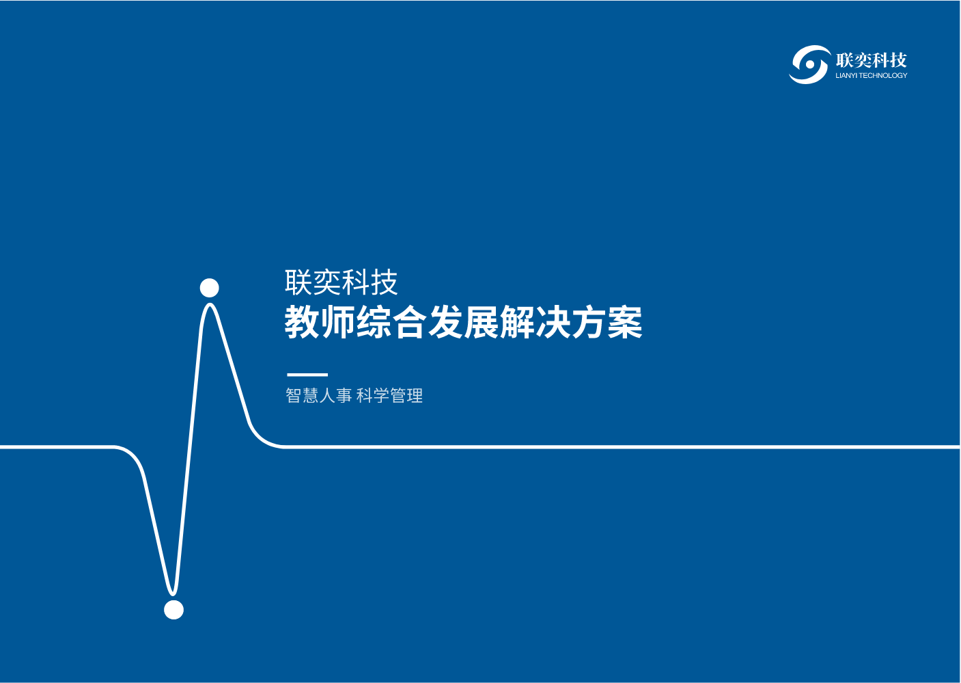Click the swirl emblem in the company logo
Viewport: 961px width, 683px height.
pyautogui.click(x=809, y=64)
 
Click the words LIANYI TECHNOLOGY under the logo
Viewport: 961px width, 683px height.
pyautogui.click(x=872, y=76)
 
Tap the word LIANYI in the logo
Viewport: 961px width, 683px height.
pyautogui.click(x=845, y=76)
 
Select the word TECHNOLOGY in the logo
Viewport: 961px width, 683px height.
pyautogui.click(x=882, y=76)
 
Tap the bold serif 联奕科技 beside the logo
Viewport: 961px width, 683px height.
pyautogui.click(x=871, y=60)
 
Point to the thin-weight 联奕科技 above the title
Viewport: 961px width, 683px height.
pyautogui.click(x=342, y=282)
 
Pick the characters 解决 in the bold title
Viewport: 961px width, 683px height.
pyautogui.click(x=535, y=322)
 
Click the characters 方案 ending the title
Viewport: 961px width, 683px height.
pyautogui.click(x=607, y=322)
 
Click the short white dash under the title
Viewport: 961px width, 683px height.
pyautogui.click(x=307, y=375)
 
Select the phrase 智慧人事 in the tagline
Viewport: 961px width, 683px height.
pyautogui.click(x=319, y=396)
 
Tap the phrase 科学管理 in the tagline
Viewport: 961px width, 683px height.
pyautogui.click(x=389, y=396)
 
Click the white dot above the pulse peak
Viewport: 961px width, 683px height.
pyautogui.click(x=210, y=288)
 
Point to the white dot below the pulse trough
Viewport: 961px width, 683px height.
pyautogui.click(x=173, y=610)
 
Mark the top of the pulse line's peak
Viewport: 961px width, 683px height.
pyautogui.click(x=210, y=304)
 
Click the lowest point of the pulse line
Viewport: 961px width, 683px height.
pyautogui.click(x=173, y=595)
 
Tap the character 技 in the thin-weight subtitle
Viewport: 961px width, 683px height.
pyautogui.click(x=385, y=282)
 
